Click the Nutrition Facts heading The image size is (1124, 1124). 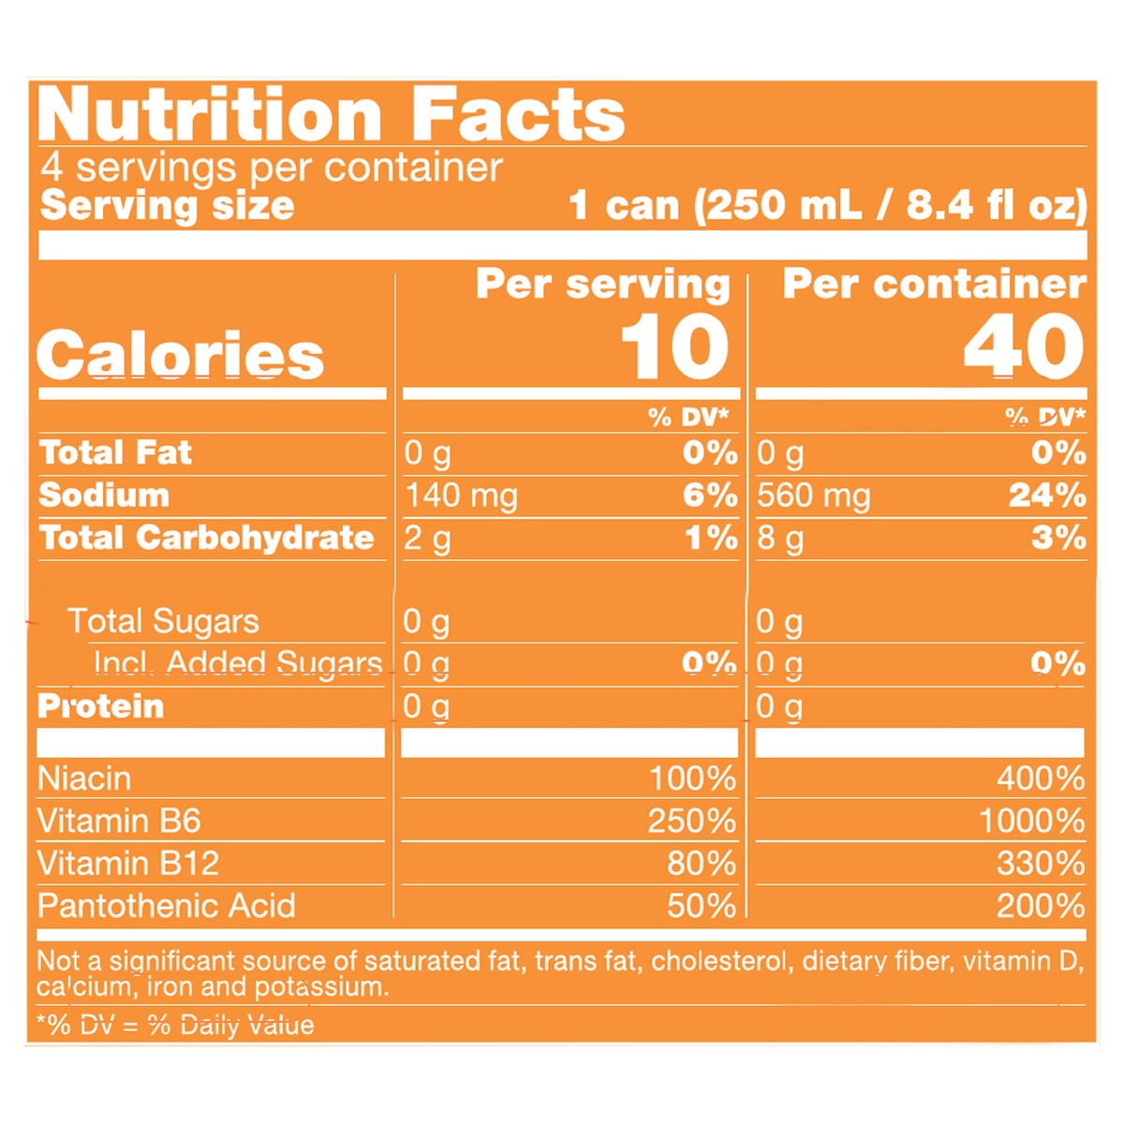331,115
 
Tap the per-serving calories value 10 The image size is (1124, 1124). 674,348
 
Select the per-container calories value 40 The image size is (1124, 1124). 1024,348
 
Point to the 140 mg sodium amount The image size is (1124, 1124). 461,495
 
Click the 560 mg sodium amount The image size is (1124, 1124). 813,495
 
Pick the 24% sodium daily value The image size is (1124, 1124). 1047,495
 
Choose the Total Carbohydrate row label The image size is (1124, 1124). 207,538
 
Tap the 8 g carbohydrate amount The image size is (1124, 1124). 779,539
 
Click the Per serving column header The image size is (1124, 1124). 602,284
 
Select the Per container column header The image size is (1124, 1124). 934,284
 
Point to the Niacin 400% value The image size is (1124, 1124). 1040,778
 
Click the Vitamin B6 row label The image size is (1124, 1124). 119,821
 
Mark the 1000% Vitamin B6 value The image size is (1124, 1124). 1031,821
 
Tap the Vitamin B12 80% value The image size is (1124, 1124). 701,863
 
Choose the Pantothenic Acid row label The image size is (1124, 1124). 167,906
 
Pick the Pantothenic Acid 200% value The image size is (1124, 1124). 1040,906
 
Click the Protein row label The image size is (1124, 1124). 101,706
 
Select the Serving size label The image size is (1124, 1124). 168,205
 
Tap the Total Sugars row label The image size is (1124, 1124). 163,621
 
